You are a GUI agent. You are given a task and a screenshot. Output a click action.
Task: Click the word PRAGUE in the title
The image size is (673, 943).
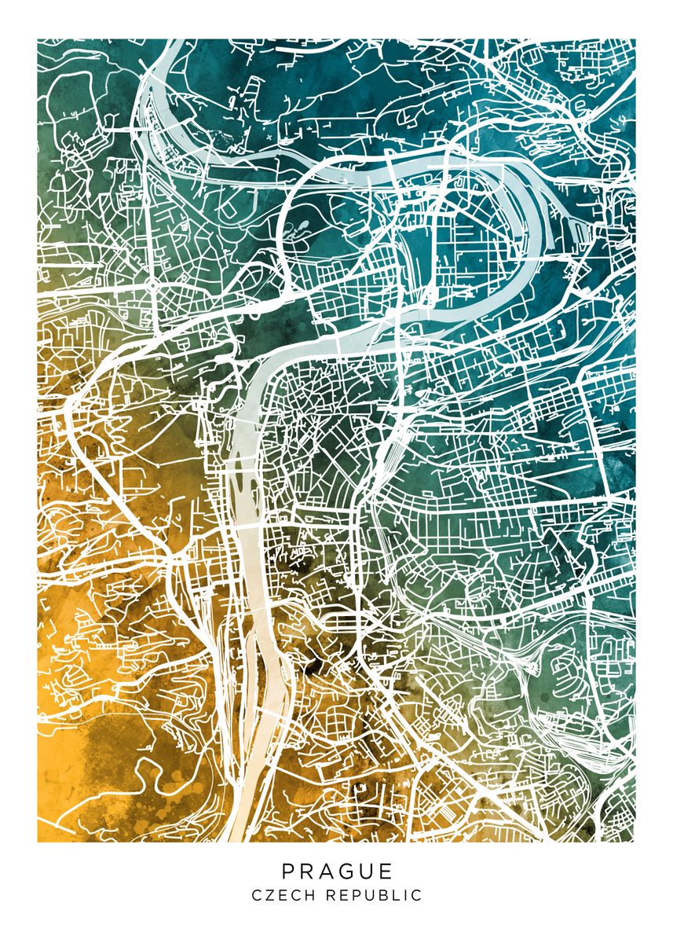pos(337,871)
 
